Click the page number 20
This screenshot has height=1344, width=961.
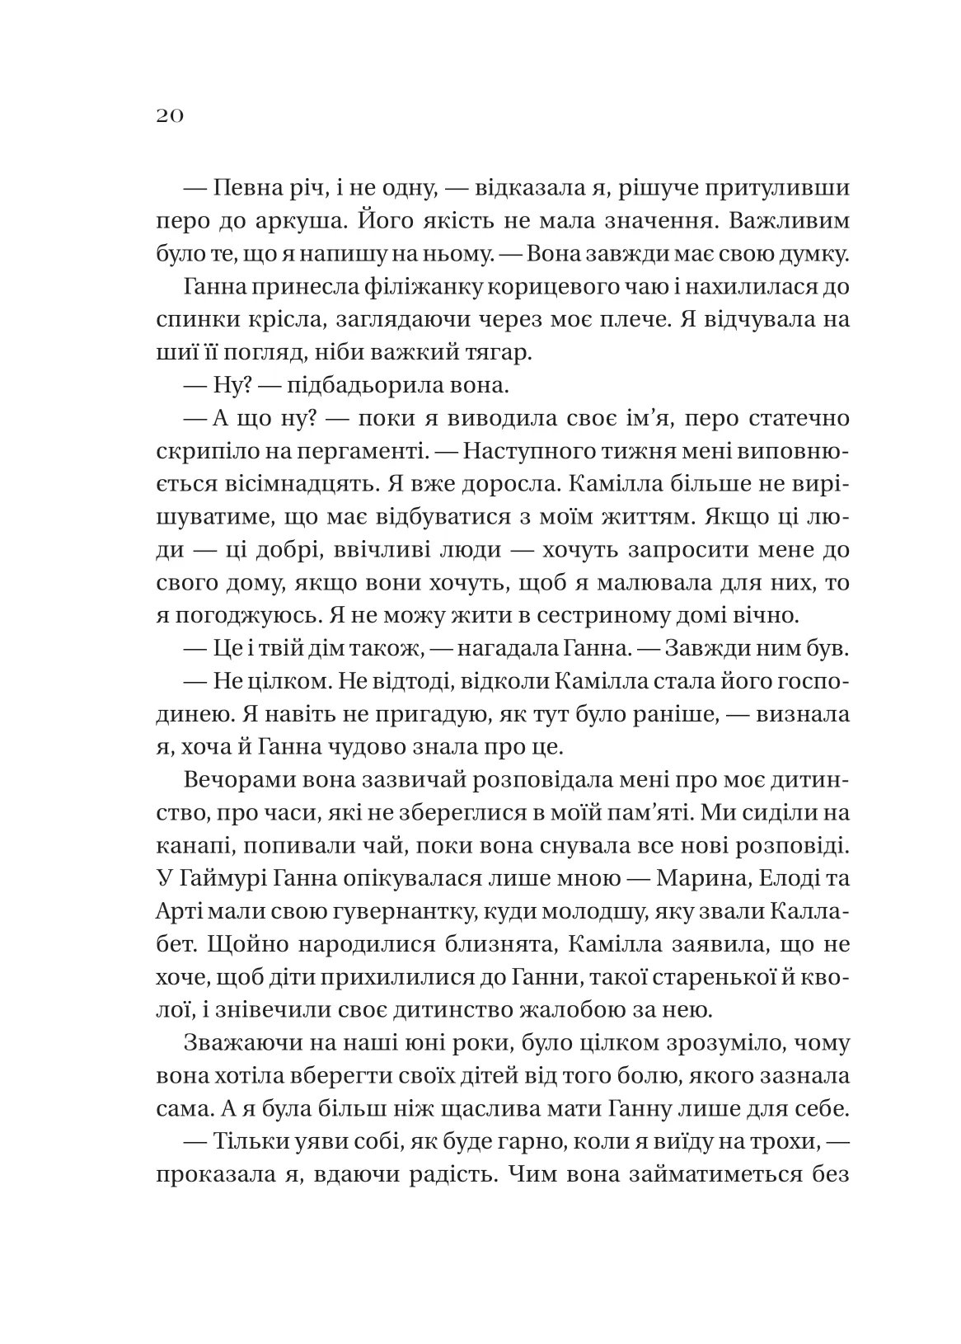coord(168,115)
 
